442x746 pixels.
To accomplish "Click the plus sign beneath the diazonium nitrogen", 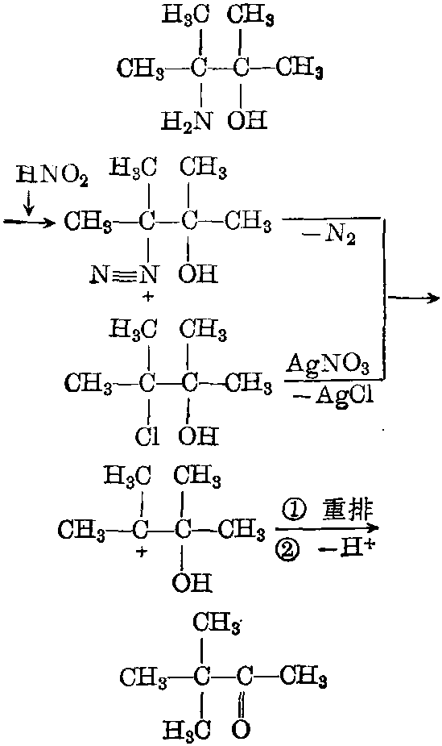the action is coord(149,296).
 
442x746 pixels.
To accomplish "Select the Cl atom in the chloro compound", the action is coord(147,437).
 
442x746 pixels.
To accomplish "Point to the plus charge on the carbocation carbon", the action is coord(139,553).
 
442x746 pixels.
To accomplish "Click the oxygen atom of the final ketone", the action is coord(242,728).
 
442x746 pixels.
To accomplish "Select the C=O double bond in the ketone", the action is coord(242,704).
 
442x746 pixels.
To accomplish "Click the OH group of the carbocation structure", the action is coord(192,582).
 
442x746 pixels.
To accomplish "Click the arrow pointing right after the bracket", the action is coord(412,298).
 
